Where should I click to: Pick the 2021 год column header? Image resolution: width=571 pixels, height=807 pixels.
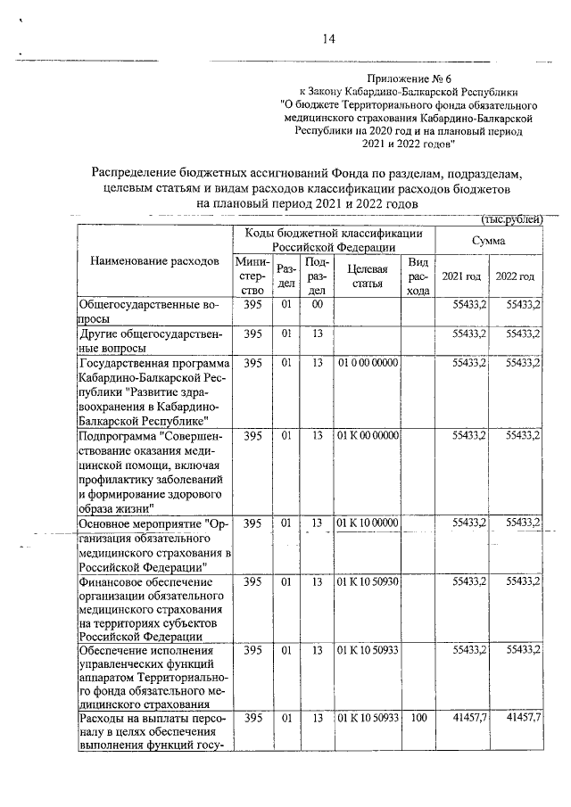[x=461, y=276]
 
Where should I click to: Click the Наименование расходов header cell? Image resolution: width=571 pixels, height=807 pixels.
[x=154, y=261]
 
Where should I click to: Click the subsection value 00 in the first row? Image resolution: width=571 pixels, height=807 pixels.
[x=316, y=306]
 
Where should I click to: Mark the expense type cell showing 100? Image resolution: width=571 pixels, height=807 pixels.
[x=417, y=719]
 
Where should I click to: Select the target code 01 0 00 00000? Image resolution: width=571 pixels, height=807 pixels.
[x=367, y=364]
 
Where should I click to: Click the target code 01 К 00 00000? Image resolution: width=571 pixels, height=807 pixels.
[x=367, y=435]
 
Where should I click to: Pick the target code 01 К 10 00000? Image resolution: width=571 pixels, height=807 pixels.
[x=367, y=523]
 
